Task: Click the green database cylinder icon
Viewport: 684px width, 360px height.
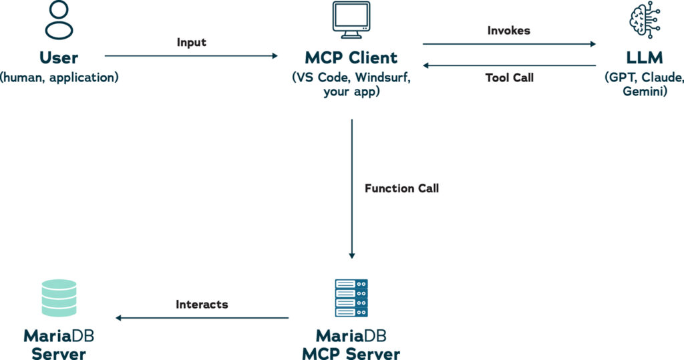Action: click(59, 298)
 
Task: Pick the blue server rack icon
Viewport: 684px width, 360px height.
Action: click(351, 298)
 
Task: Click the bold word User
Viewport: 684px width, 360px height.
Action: click(59, 57)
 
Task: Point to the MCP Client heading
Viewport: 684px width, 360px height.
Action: click(351, 57)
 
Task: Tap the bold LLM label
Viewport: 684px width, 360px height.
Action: click(644, 57)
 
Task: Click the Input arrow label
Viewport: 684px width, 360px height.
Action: click(192, 43)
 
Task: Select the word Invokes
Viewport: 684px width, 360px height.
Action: click(510, 31)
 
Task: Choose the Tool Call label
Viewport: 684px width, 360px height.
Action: click(510, 77)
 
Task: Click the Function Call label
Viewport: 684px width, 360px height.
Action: click(401, 188)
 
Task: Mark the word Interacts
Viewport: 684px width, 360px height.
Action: click(202, 305)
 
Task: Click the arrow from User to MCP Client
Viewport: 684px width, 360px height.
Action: click(191, 56)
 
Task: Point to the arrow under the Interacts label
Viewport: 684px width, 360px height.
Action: click(202, 318)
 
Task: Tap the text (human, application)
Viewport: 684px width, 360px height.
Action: click(59, 77)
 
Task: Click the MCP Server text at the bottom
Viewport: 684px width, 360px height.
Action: click(351, 352)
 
